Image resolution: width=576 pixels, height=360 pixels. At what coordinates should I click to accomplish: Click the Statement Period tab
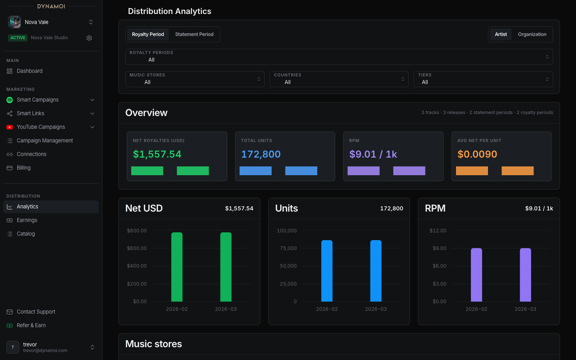click(x=194, y=34)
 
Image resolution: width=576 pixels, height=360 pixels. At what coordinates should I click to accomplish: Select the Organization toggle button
click(x=532, y=34)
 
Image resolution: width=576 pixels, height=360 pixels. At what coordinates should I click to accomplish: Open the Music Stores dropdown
click(x=195, y=79)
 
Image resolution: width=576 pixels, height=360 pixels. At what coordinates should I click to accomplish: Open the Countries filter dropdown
click(x=339, y=79)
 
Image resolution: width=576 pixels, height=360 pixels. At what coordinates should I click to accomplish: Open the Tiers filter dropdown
click(x=483, y=79)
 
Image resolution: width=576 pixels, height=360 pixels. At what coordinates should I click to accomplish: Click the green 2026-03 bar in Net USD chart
click(x=226, y=267)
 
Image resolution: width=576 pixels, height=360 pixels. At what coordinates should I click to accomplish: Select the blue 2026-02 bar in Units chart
click(x=327, y=271)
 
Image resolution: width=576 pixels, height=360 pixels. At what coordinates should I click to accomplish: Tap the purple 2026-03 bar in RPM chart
click(x=525, y=275)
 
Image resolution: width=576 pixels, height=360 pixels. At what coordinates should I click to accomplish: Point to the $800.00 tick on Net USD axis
click(x=137, y=231)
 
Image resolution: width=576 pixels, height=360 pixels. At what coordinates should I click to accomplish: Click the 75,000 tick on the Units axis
click(x=288, y=248)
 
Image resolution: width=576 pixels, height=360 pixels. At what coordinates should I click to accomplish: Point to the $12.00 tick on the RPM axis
click(x=438, y=231)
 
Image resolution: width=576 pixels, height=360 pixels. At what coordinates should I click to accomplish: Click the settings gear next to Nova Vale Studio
click(x=89, y=38)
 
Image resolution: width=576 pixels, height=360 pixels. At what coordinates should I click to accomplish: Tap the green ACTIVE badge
click(x=18, y=38)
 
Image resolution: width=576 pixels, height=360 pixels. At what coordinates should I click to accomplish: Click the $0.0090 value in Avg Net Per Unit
click(x=477, y=154)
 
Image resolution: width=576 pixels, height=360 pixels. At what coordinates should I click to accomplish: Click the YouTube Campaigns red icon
click(x=10, y=127)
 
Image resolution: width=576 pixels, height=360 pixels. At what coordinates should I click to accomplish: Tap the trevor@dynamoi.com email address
click(x=45, y=350)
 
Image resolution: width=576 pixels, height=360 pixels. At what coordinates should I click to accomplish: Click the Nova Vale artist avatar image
click(x=14, y=22)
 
